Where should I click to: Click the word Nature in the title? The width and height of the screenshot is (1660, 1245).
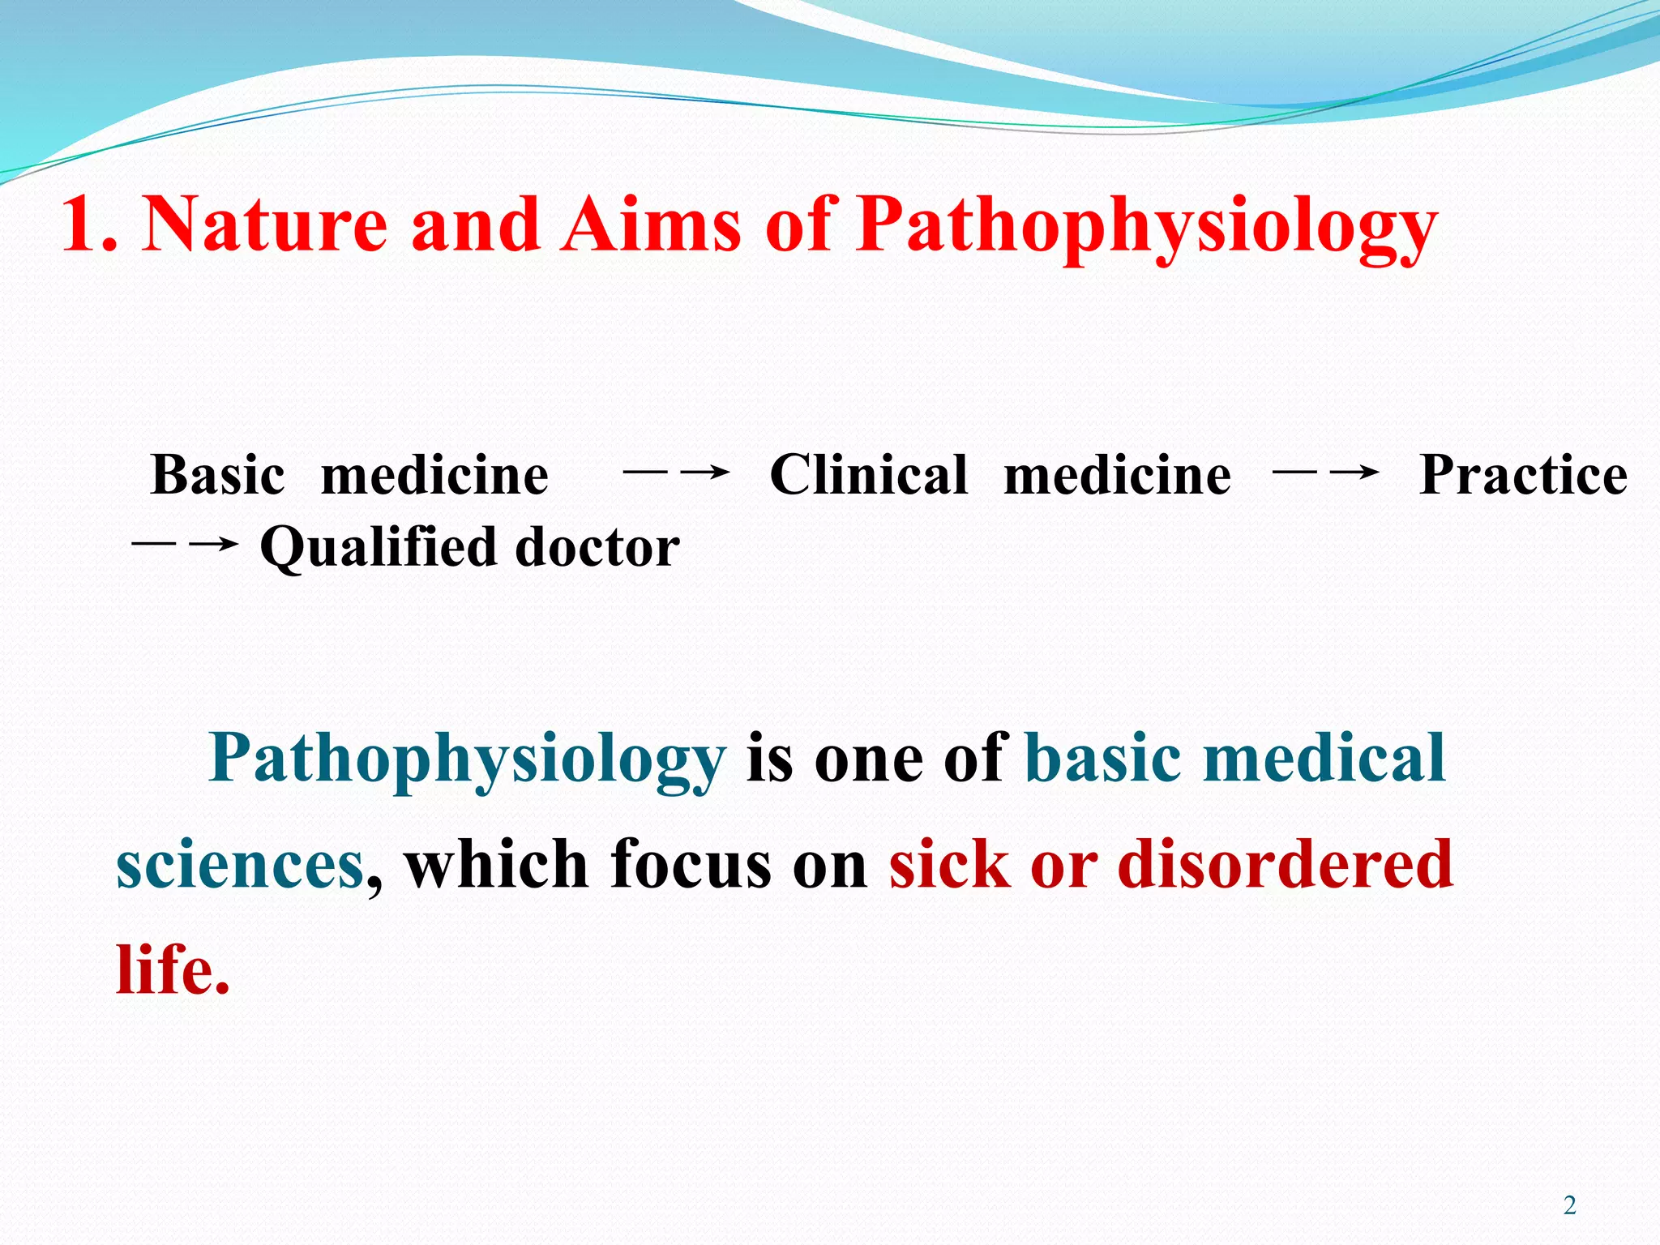click(264, 225)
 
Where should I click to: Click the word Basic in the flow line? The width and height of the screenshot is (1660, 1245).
click(217, 475)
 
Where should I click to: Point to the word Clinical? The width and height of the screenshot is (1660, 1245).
click(868, 475)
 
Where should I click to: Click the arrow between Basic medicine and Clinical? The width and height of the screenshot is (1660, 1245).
click(678, 472)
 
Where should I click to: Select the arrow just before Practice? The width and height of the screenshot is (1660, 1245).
click(1327, 472)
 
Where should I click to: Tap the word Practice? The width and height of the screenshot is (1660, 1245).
click(1523, 475)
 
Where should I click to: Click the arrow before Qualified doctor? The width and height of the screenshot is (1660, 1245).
click(185, 544)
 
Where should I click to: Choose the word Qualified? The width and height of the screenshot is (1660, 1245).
click(378, 549)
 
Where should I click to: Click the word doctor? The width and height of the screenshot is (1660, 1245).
click(597, 547)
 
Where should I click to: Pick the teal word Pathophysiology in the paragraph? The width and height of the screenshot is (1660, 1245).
click(467, 760)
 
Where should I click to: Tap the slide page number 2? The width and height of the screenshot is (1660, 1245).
click(1570, 1206)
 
